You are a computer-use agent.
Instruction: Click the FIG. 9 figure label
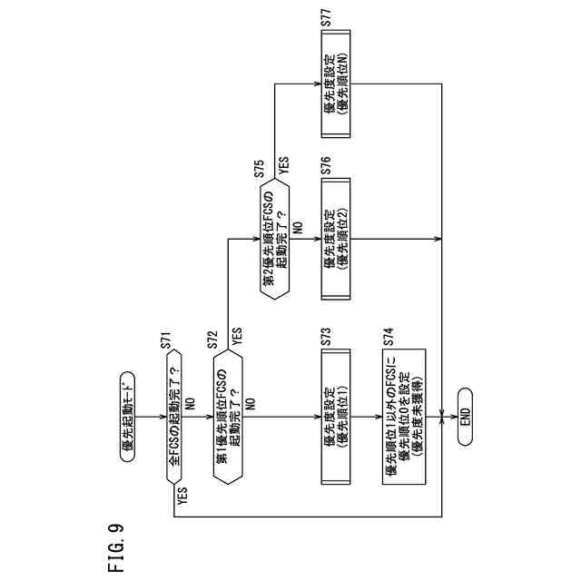coord(114,548)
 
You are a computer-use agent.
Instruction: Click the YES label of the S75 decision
coord(284,167)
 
